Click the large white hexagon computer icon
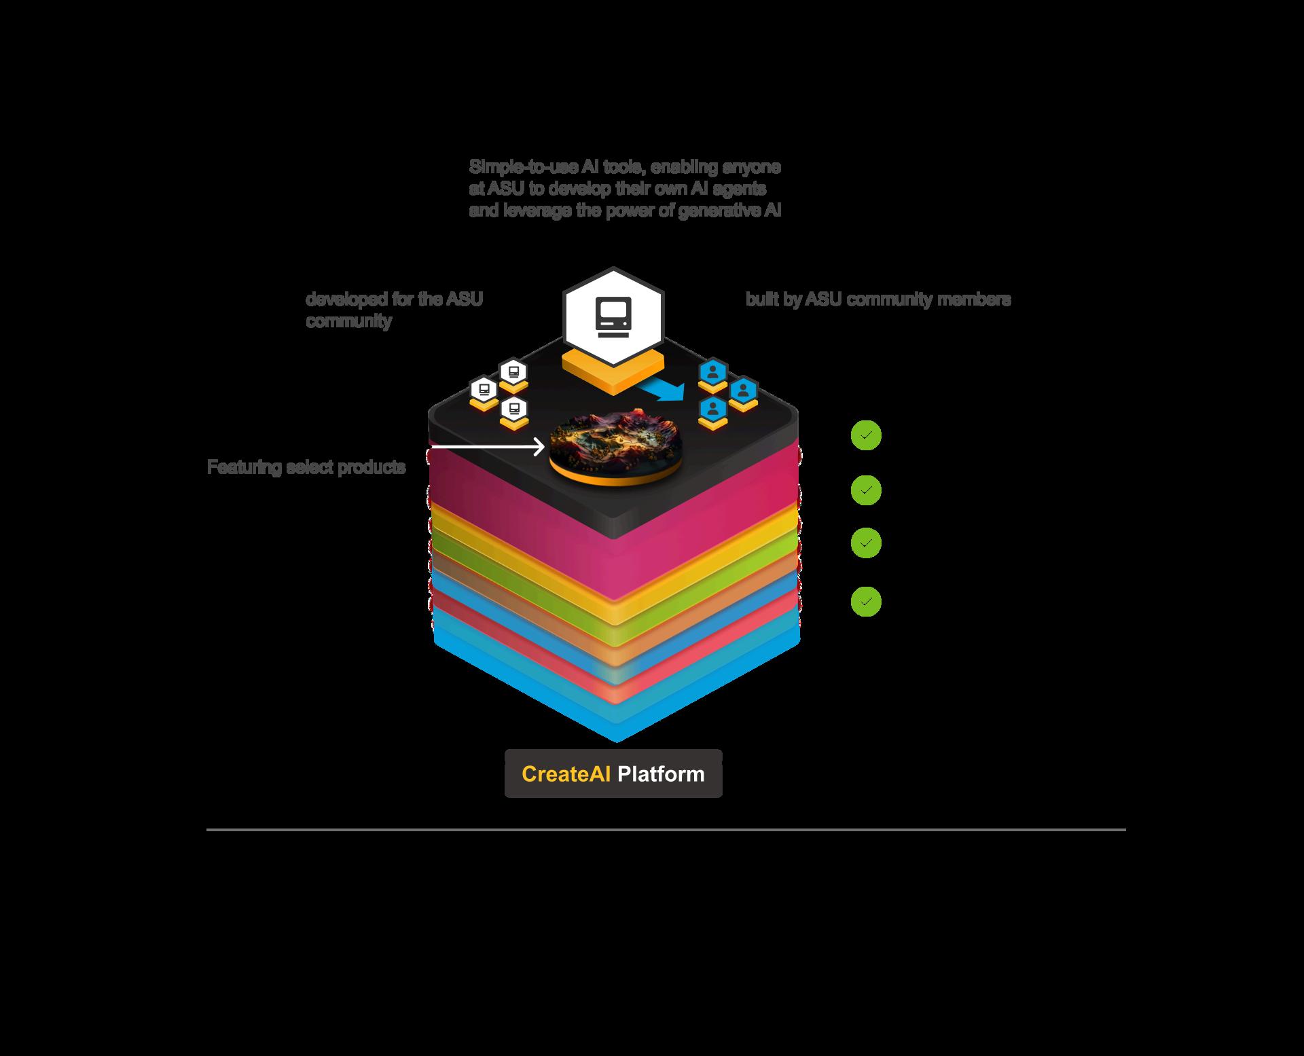[x=613, y=317]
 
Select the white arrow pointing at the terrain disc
[x=488, y=447]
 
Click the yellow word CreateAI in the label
[x=566, y=774]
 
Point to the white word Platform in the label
[x=661, y=774]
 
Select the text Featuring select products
[x=306, y=467]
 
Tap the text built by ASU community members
[x=877, y=299]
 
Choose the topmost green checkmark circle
[x=866, y=435]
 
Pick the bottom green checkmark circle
[x=866, y=602]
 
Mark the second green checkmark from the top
[x=866, y=490]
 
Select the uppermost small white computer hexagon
[x=513, y=372]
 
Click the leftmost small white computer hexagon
[x=484, y=390]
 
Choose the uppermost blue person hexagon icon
[x=713, y=372]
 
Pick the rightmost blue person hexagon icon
[x=744, y=390]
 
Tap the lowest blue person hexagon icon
[x=713, y=409]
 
